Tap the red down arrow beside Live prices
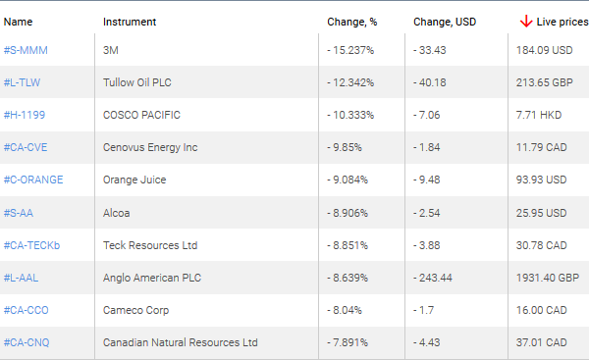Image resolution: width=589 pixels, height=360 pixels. click(x=526, y=21)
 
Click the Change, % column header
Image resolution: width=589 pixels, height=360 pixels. click(x=351, y=21)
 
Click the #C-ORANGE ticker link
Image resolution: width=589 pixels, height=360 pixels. click(x=33, y=180)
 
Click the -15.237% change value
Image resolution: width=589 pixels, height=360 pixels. click(x=351, y=49)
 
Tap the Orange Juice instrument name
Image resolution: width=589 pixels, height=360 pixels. click(x=134, y=180)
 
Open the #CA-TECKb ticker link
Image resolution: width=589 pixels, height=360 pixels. click(x=31, y=245)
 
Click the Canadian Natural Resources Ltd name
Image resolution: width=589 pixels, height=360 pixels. click(x=180, y=342)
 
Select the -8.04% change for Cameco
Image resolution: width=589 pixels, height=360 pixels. click(x=346, y=310)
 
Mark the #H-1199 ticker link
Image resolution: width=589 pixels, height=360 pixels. click(x=25, y=115)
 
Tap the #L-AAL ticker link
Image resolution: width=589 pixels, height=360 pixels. click(x=24, y=278)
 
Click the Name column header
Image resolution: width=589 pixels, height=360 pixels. click(x=18, y=21)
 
